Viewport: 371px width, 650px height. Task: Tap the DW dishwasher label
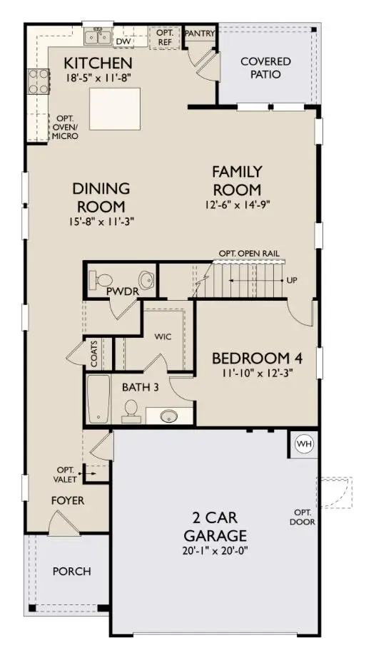(x=123, y=41)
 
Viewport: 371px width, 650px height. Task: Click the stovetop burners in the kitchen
(x=34, y=84)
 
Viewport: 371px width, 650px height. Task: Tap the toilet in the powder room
(x=99, y=279)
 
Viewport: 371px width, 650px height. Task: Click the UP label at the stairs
(x=292, y=280)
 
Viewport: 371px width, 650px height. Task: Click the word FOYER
(x=68, y=500)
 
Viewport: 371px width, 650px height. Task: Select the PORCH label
(x=71, y=571)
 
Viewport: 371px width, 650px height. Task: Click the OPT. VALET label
(x=65, y=473)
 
